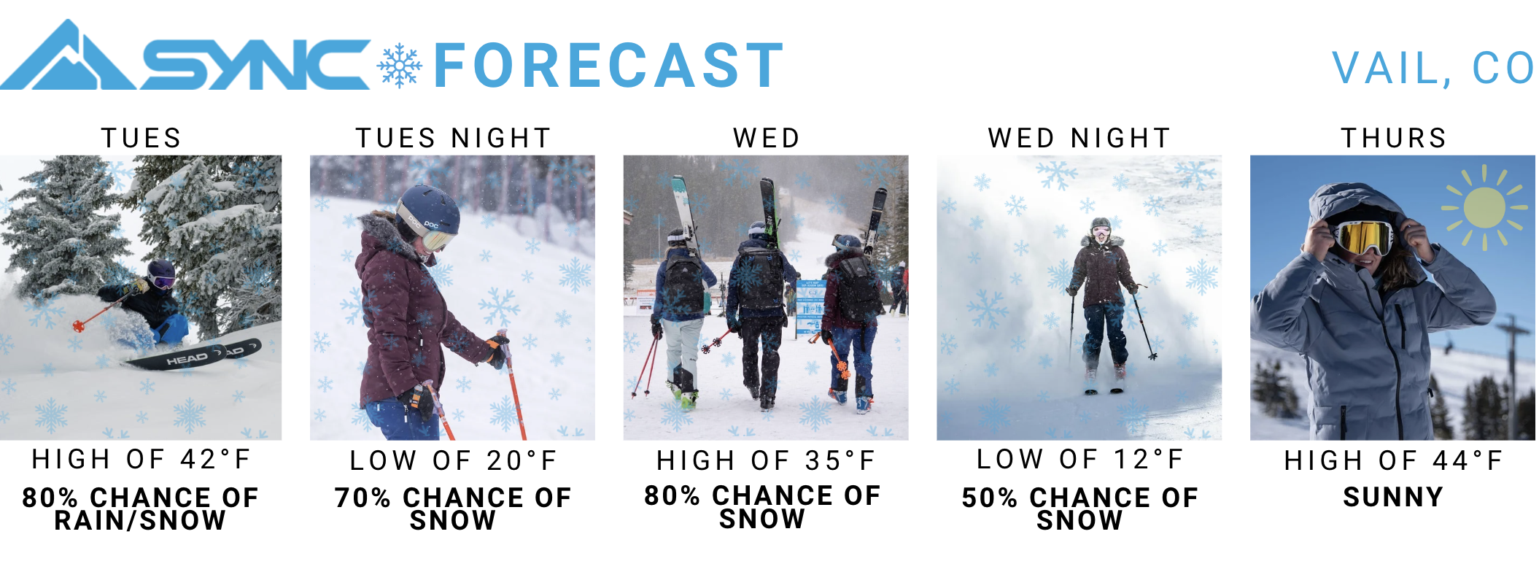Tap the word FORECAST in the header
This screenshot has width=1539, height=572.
point(609,66)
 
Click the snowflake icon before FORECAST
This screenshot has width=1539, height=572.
point(400,66)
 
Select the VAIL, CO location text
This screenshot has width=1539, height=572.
point(1434,69)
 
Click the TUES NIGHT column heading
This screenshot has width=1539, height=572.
point(453,138)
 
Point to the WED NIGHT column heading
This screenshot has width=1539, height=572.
point(1079,138)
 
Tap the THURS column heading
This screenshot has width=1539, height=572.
point(1394,138)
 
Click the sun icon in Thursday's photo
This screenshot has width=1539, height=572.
point(1484,207)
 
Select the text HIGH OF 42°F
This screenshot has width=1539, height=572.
point(142,459)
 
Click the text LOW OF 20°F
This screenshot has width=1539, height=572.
point(453,460)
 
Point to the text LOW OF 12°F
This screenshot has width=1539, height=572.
point(1079,459)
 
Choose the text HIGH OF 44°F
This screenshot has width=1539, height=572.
point(1394,460)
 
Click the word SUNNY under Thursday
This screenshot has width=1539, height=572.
point(1393,497)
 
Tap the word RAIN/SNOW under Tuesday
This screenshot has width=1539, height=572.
point(140,520)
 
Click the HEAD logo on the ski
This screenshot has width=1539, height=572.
point(187,359)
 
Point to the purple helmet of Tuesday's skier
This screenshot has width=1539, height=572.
point(161,273)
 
